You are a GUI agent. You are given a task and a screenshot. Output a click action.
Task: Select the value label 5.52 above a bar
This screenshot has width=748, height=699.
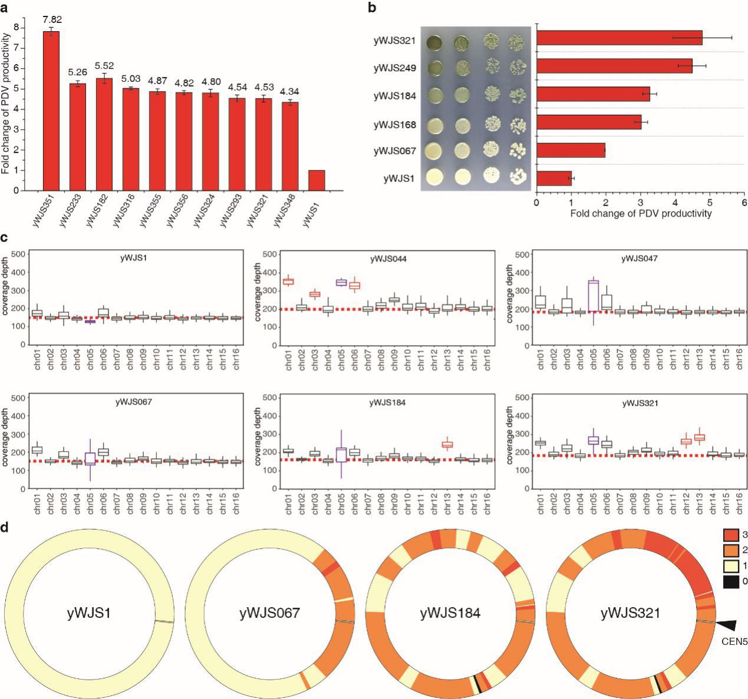click(x=104, y=65)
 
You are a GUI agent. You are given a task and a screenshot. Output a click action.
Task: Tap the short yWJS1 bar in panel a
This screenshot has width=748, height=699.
click(x=316, y=180)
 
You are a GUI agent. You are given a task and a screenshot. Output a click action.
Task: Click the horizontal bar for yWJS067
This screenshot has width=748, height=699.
click(x=571, y=150)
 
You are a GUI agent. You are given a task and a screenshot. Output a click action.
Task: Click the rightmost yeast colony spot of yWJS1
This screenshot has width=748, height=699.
click(x=516, y=177)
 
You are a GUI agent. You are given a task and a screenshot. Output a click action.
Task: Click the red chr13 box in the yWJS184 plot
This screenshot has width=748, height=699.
click(x=447, y=445)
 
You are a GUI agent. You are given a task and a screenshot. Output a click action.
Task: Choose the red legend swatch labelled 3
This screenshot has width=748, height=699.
click(x=731, y=534)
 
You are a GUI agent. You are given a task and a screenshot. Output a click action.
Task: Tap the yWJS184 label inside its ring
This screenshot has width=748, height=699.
click(x=450, y=613)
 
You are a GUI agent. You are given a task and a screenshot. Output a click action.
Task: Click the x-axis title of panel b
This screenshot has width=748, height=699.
click(x=641, y=213)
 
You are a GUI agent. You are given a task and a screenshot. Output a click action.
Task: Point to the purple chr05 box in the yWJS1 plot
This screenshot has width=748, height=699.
click(x=90, y=322)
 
